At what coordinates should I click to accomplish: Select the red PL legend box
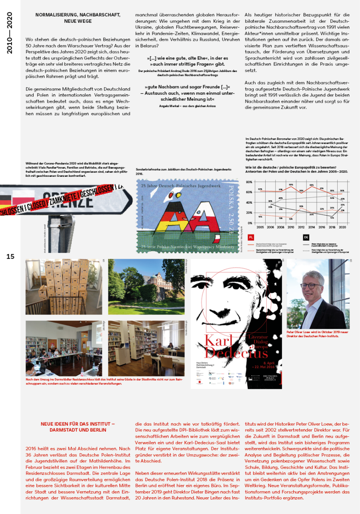point(251,237)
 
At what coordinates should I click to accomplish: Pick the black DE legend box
point(306,237)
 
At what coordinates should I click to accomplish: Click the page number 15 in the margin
point(10,256)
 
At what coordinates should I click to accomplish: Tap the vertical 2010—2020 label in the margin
point(10,33)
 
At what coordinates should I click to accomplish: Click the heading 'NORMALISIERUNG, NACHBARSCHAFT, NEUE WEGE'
point(78,18)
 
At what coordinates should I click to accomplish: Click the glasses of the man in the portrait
point(311,286)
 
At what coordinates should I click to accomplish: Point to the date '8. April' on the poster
point(271,363)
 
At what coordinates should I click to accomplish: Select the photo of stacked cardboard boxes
point(64,287)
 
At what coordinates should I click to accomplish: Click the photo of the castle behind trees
point(146,287)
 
